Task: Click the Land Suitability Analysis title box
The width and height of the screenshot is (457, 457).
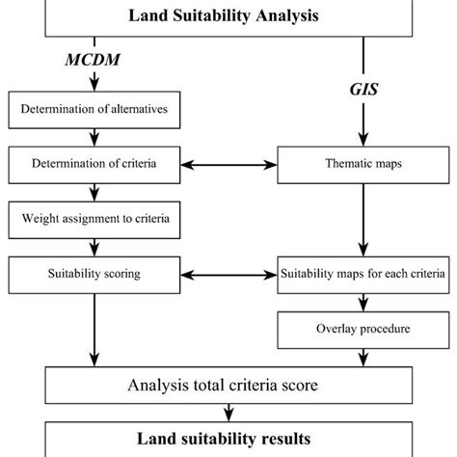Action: point(228,16)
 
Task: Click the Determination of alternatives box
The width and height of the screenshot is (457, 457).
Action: point(102,109)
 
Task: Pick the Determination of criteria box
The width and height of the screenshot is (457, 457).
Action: point(102,164)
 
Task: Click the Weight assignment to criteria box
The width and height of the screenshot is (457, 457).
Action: point(102,219)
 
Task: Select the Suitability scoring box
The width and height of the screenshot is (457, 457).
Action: point(102,274)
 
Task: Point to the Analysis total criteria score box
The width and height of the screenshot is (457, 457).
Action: point(228,386)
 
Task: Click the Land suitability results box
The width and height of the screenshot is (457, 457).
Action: point(228,439)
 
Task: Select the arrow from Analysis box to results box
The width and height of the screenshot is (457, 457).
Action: point(228,413)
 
